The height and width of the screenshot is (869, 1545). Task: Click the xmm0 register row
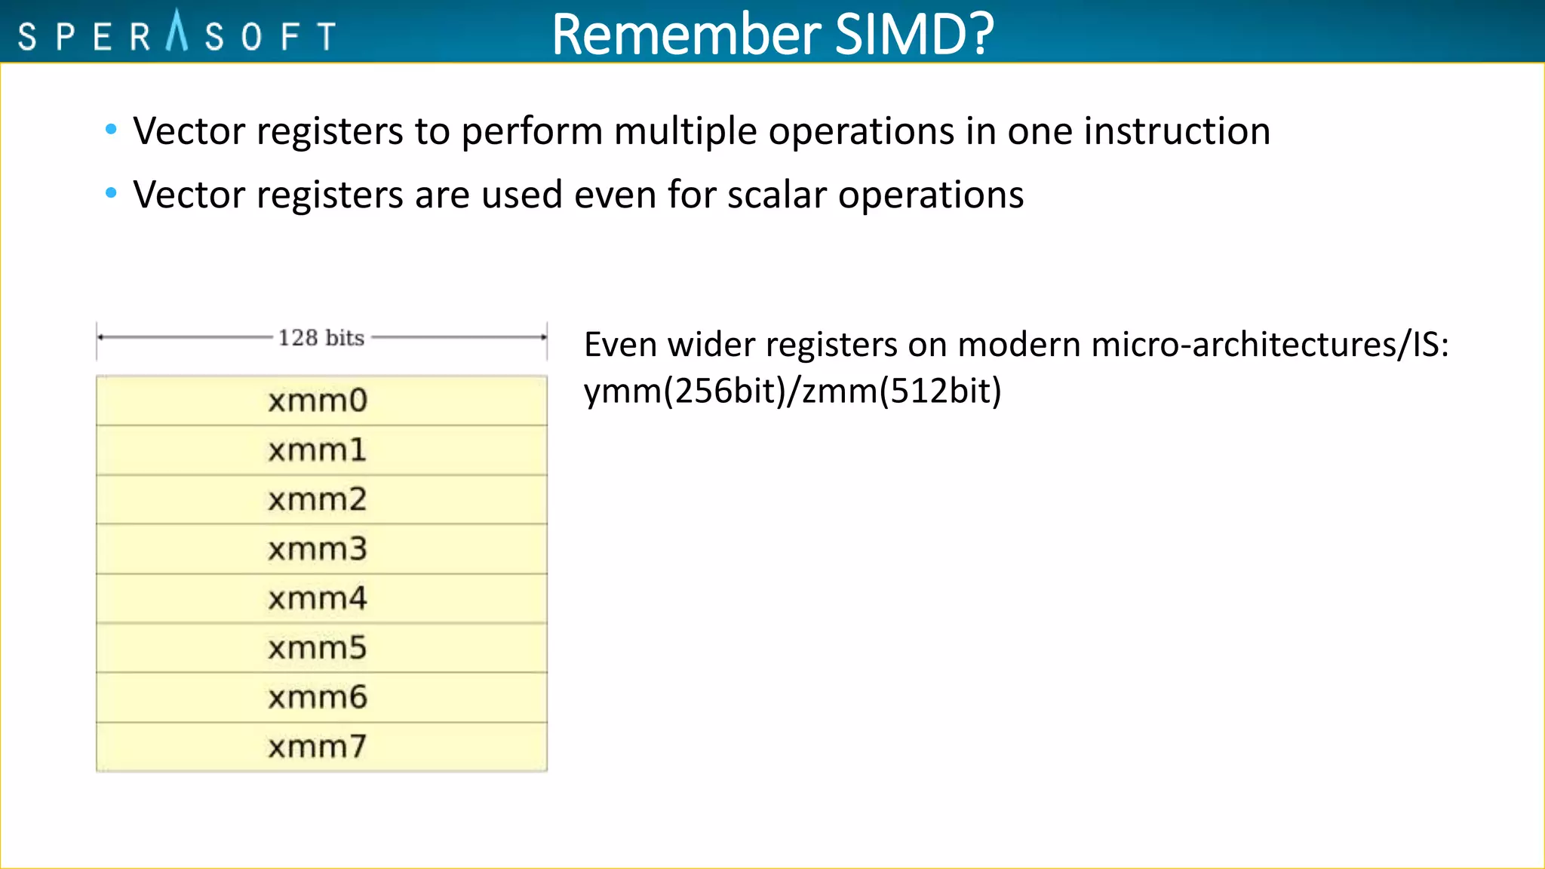321,401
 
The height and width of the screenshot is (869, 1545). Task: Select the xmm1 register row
321,450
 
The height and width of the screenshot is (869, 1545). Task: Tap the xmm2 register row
321,499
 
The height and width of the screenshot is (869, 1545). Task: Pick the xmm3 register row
321,549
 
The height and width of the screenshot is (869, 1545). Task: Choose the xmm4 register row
321,599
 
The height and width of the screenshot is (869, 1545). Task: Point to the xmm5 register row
321,648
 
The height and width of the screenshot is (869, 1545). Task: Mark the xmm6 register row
321,698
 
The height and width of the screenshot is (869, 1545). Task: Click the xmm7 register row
321,747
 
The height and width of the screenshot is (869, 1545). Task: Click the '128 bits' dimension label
321,337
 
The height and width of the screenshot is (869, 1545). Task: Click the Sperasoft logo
177,34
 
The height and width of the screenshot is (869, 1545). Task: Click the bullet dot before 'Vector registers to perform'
112,130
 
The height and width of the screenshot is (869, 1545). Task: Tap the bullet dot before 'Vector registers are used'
112,193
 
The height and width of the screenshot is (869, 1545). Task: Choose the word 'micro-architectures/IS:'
1270,345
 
